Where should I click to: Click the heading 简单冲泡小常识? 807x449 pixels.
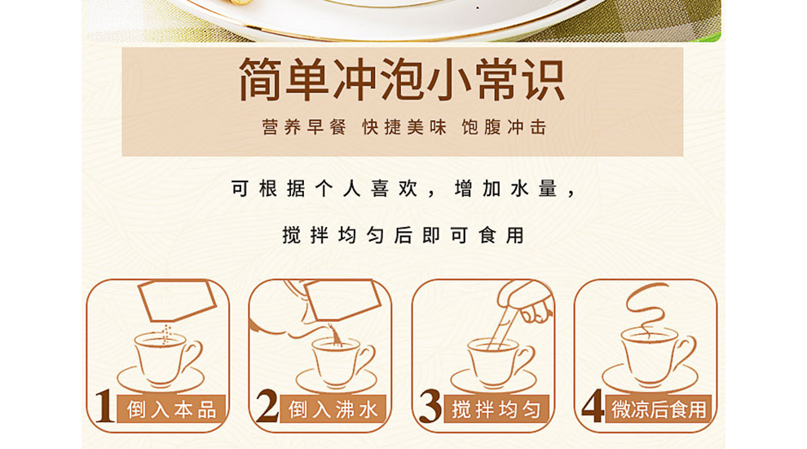click(402, 80)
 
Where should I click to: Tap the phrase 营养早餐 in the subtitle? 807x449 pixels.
click(304, 128)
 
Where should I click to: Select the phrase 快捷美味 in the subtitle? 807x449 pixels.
click(404, 128)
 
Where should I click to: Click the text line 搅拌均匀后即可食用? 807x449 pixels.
click(403, 236)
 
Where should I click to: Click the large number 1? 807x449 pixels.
click(104, 407)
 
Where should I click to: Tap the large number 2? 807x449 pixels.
click(267, 407)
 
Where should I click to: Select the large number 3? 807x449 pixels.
click(430, 407)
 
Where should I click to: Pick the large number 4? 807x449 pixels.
click(593, 407)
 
